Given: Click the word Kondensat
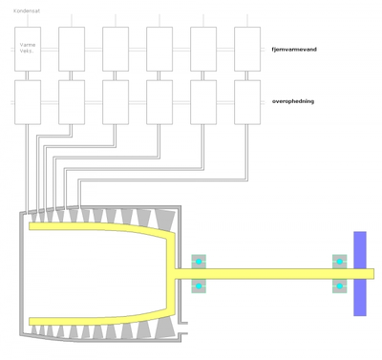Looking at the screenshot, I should point(26,11).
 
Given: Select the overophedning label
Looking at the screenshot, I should point(293,100).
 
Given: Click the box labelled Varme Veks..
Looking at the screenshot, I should point(28,48).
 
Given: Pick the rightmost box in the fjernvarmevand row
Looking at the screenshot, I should point(247,48).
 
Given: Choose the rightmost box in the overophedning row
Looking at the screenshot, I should point(247,101).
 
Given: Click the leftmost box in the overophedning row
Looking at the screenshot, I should point(28,101).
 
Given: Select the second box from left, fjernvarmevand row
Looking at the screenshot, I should point(72,48).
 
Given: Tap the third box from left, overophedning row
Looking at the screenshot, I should point(116,101).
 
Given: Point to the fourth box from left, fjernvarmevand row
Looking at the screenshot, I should point(159,48).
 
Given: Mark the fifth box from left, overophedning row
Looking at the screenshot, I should point(203,101).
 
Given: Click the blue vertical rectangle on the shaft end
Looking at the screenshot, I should point(360,273).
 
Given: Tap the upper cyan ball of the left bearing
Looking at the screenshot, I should point(199,262).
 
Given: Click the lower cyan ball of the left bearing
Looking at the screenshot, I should point(199,286).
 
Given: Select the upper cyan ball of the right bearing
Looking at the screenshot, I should point(339,262).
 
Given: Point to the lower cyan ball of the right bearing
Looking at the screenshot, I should point(339,286).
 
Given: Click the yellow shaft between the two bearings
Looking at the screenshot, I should point(267,274).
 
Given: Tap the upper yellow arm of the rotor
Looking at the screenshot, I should point(95,228).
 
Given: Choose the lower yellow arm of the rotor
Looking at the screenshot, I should point(95,320).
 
